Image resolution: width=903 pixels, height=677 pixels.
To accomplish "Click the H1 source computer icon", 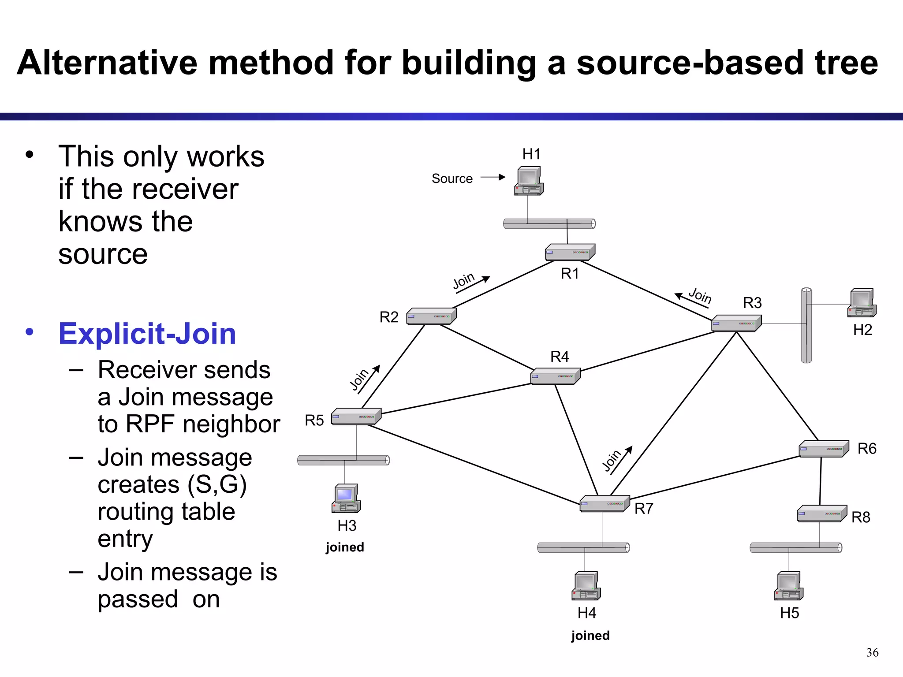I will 529,181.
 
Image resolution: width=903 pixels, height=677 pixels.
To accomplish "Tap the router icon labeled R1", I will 570,253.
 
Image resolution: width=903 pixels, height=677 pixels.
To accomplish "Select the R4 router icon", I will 555,376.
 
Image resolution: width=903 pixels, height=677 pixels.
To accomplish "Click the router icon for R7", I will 604,503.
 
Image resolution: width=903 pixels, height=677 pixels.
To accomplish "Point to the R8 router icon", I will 821,513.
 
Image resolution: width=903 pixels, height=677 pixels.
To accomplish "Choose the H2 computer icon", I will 862,303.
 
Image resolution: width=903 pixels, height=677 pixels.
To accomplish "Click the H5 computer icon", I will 788,586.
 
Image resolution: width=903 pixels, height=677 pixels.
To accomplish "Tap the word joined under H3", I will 345,547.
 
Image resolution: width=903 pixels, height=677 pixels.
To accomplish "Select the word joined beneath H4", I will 590,635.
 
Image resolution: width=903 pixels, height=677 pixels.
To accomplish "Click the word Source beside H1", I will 452,179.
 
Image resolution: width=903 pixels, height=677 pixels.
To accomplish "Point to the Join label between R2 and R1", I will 463,281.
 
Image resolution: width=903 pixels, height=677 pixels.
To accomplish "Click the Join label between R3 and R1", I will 700,295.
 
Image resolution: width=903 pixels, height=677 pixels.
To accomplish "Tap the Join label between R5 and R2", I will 359,379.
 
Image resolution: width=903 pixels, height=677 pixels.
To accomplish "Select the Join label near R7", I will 612,461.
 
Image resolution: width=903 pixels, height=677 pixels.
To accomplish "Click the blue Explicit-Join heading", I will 147,334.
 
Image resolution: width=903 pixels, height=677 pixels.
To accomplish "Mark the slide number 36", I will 872,652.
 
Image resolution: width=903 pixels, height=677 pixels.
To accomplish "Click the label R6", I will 866,449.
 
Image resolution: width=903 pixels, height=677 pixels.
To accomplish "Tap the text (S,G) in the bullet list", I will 216,484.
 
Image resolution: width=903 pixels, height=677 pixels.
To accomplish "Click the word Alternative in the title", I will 107,63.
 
